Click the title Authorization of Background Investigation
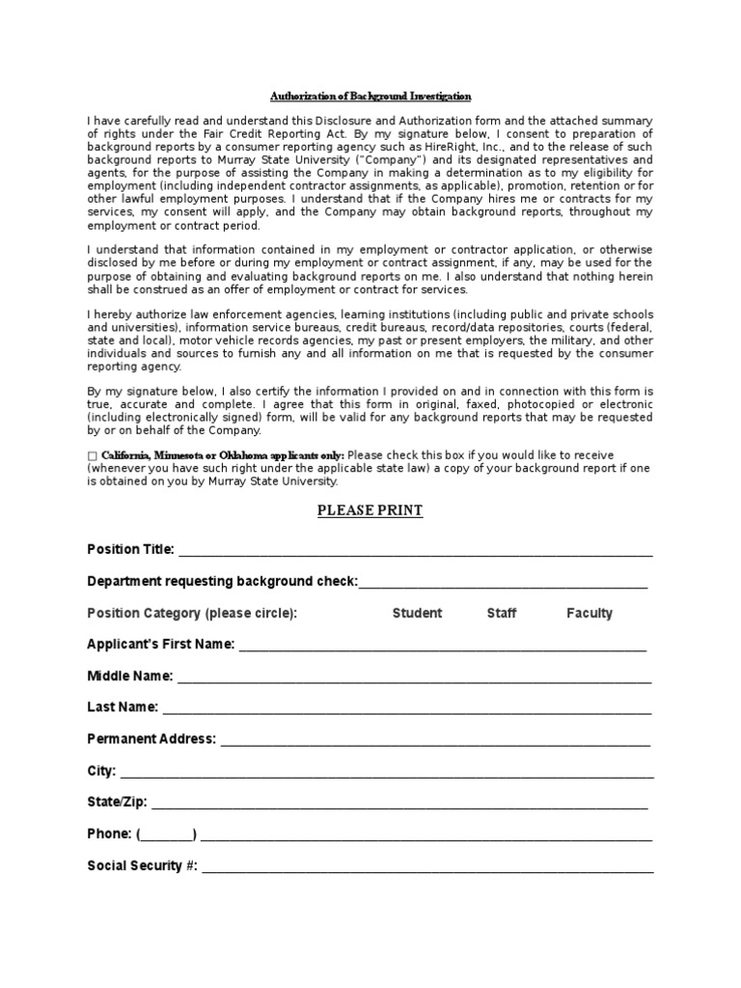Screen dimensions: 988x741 click(370, 96)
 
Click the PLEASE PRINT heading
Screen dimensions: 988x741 click(370, 510)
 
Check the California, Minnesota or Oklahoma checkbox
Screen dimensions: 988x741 click(92, 455)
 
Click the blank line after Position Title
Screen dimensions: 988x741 click(415, 552)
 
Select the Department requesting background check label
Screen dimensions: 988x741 click(222, 582)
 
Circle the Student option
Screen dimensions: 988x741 click(417, 614)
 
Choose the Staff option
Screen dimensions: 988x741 click(501, 614)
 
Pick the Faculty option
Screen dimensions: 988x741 click(589, 614)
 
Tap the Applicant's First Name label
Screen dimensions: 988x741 click(160, 645)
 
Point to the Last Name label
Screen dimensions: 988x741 click(123, 707)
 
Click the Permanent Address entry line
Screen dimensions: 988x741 click(434, 741)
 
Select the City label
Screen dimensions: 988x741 click(101, 771)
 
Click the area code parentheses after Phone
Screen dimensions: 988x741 click(167, 835)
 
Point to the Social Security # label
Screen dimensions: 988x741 click(142, 865)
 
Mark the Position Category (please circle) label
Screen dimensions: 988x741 click(192, 614)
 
